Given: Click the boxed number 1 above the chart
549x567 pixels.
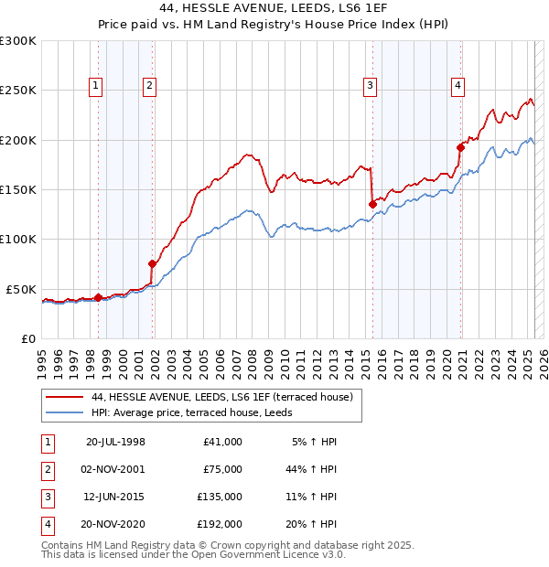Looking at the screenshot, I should (97, 87).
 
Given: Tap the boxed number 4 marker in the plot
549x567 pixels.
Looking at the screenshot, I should (457, 87).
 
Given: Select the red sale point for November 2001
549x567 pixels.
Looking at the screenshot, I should (152, 263).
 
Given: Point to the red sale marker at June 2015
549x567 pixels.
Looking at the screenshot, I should (372, 204).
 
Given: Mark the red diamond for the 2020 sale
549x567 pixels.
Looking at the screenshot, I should (460, 147).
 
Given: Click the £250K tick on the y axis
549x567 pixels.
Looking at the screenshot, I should (18, 91).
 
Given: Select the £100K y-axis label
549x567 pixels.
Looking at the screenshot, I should (18, 239).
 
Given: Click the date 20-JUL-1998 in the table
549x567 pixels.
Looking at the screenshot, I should (115, 442).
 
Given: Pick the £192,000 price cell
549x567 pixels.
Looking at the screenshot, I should (219, 524).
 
